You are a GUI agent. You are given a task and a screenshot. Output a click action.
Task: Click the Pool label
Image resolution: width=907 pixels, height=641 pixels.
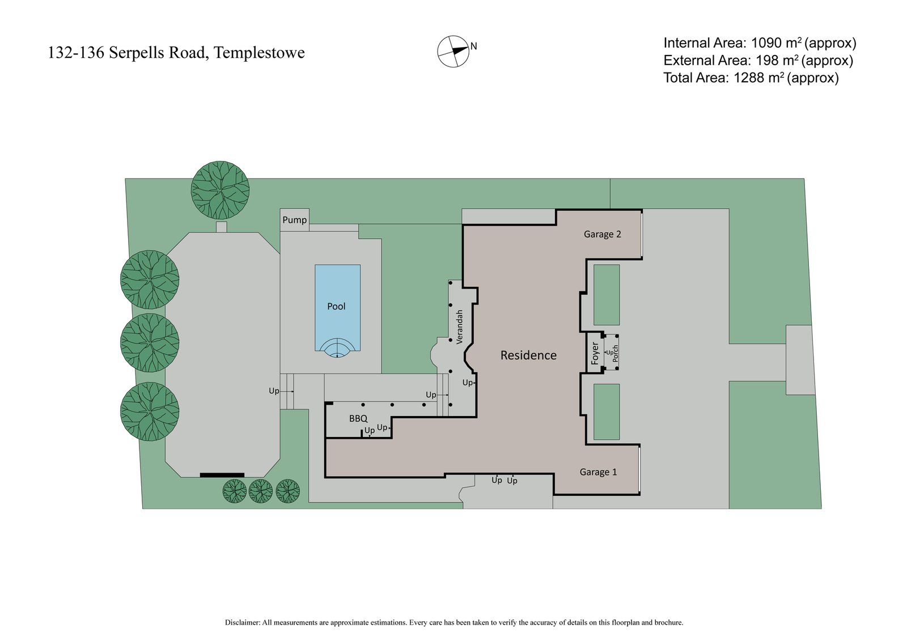[x=336, y=307]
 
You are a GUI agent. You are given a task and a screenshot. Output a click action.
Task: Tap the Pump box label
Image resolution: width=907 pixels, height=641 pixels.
[x=295, y=220]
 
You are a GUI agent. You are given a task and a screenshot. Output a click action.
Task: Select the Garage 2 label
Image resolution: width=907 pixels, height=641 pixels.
[x=603, y=234]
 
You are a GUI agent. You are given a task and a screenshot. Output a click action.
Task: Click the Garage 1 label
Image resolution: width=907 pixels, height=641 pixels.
[x=598, y=472]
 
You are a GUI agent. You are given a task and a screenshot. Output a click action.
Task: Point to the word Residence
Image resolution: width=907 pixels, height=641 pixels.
[x=528, y=355]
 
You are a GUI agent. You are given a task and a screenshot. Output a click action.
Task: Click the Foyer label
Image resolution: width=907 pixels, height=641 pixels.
[x=595, y=353]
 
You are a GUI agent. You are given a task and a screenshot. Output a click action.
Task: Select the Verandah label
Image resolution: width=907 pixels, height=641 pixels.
[x=460, y=326]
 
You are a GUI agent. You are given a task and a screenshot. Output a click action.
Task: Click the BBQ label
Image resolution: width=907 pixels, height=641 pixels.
[x=358, y=419]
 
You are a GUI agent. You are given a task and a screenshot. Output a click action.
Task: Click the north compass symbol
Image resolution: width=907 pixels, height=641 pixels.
[x=453, y=51]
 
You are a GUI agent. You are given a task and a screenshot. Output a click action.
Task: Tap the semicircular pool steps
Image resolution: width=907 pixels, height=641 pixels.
[x=337, y=349]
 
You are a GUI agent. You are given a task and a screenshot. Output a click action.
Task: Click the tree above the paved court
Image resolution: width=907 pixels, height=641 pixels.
[x=220, y=190]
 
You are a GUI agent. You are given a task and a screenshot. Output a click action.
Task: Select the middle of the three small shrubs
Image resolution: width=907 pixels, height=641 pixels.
[x=261, y=491]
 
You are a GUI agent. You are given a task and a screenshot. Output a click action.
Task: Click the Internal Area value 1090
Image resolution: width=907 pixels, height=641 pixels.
[x=769, y=43]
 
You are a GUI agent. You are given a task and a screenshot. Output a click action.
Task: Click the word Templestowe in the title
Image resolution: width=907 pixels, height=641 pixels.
[x=260, y=53]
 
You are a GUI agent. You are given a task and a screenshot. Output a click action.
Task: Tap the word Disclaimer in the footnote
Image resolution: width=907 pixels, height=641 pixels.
[x=242, y=622]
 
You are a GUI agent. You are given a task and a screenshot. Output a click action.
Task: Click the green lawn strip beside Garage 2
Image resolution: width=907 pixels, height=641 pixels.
[x=607, y=295]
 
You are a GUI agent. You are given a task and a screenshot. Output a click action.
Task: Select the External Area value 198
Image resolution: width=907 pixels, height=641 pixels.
[x=768, y=61]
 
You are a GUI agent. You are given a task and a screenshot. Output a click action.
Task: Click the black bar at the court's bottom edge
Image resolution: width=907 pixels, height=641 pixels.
[x=222, y=475]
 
